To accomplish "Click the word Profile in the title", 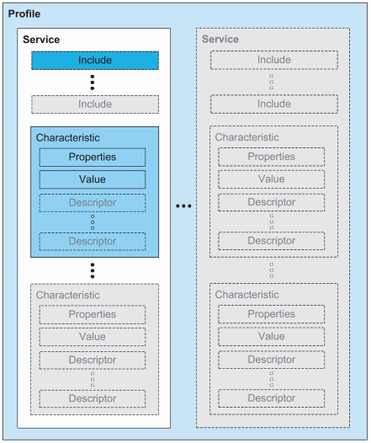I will (x=24, y=15).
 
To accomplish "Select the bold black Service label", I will (x=41, y=40).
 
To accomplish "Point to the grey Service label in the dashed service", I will (x=220, y=40).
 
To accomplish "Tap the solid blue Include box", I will (x=94, y=61).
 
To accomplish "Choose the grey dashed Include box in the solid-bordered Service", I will (x=94, y=104).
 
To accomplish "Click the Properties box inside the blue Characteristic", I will (x=93, y=157).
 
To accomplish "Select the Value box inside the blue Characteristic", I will (x=93, y=179).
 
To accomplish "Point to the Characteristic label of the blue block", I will (x=67, y=136).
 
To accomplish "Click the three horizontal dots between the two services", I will (x=185, y=206).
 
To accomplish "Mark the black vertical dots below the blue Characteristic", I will (x=93, y=270).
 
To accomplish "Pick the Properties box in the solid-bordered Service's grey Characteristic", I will (x=93, y=314).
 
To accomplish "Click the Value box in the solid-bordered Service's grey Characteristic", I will (x=93, y=337).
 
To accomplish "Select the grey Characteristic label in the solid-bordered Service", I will (x=67, y=296).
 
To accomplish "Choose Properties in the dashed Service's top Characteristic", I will (x=271, y=157).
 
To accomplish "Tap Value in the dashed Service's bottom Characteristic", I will (x=271, y=337).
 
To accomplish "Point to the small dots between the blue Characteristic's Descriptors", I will (x=93, y=222).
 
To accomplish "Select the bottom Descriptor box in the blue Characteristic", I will (x=93, y=242).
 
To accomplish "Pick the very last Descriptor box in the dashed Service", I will (x=271, y=399).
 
